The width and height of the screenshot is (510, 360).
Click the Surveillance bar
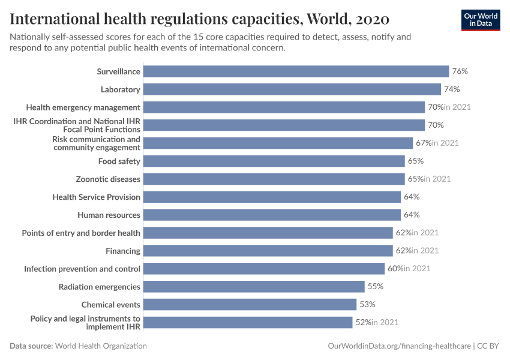point(296,71)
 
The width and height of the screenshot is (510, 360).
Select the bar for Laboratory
point(292,89)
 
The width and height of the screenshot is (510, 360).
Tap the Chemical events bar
point(250,305)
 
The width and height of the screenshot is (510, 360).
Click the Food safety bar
point(274,161)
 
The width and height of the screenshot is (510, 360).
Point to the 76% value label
point(460,71)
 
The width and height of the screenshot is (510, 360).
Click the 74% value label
point(452,89)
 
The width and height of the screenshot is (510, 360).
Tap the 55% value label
point(375,287)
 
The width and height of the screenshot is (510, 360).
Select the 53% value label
point(367,305)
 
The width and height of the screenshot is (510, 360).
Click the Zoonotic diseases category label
point(108,179)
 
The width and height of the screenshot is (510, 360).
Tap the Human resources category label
point(109,215)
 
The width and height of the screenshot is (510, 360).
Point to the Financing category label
point(123,251)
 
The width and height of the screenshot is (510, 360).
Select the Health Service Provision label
point(96,197)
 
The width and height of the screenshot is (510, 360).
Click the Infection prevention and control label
point(82,269)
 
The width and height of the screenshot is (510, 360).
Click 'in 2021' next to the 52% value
point(385,323)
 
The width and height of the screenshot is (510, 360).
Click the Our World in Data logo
point(480,20)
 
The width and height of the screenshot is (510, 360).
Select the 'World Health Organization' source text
point(101,346)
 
